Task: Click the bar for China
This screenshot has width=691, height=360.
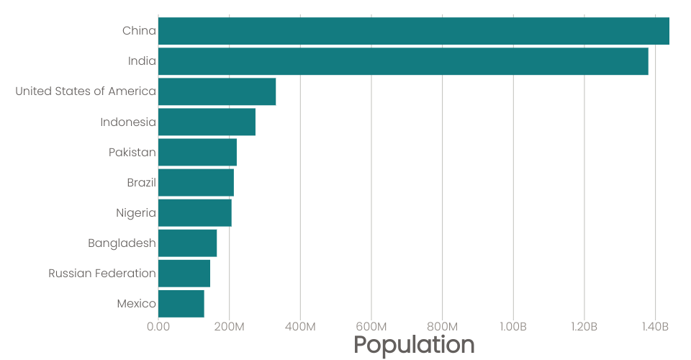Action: pyautogui.click(x=414, y=31)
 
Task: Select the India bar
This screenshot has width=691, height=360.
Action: pyautogui.click(x=403, y=61)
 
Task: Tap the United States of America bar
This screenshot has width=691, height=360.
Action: pyautogui.click(x=217, y=91)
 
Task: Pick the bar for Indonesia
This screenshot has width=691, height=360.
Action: pyautogui.click(x=207, y=122)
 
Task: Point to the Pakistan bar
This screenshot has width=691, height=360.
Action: pyautogui.click(x=197, y=152)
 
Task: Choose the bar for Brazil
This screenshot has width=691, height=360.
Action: pyautogui.click(x=196, y=182)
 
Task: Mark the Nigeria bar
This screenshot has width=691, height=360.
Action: pyautogui.click(x=195, y=213)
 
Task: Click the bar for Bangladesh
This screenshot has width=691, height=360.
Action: pyautogui.click(x=187, y=243)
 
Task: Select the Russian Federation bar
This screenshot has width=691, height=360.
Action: pyautogui.click(x=184, y=274)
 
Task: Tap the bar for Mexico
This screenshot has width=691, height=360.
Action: pyautogui.click(x=181, y=304)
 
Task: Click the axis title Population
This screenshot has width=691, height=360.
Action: pyautogui.click(x=414, y=345)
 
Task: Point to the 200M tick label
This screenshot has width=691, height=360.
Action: pyautogui.click(x=229, y=327)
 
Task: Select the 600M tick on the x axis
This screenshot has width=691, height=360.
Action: pyautogui.click(x=371, y=327)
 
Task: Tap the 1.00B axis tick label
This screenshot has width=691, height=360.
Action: pyautogui.click(x=513, y=327)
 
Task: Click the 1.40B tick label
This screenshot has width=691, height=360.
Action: pyautogui.click(x=655, y=327)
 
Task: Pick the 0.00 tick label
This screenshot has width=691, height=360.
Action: pyautogui.click(x=158, y=327)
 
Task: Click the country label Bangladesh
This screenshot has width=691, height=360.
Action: pyautogui.click(x=122, y=243)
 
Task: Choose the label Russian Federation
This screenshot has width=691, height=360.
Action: pyautogui.click(x=102, y=274)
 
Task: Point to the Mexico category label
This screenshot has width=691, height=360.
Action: pyautogui.click(x=136, y=304)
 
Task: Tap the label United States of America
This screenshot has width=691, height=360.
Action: pyautogui.click(x=86, y=91)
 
